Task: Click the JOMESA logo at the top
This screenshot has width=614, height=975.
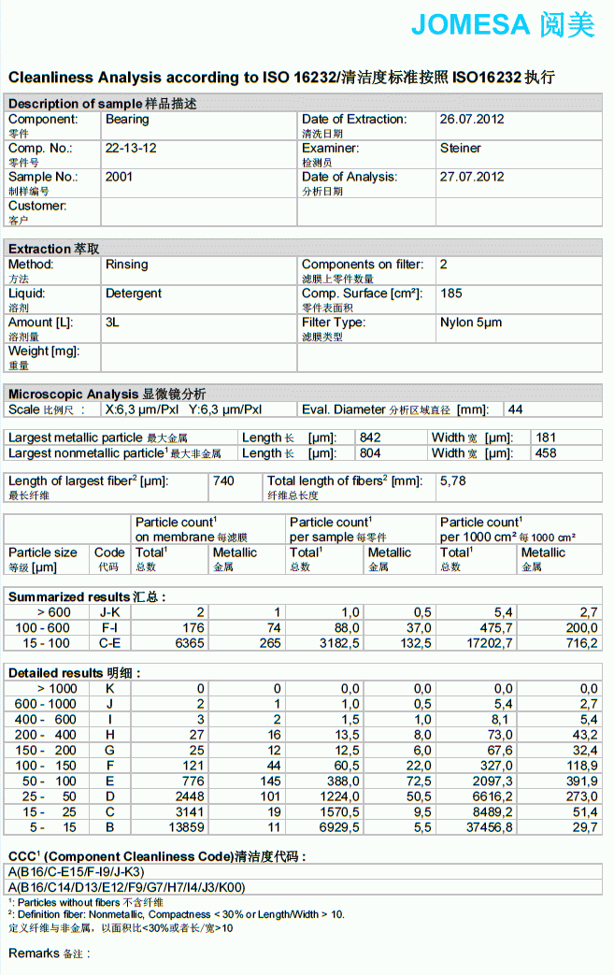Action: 503,25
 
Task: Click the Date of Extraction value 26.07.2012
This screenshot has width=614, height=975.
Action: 472,120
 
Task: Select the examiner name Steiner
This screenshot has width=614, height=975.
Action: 461,148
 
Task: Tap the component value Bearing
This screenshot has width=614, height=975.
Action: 127,120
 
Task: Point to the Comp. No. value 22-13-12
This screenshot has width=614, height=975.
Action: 131,148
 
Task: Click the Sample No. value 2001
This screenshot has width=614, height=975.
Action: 119,177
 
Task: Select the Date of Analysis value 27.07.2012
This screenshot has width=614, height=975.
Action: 472,177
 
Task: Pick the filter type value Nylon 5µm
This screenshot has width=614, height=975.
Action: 471,323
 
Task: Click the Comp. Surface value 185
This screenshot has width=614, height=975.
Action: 450,294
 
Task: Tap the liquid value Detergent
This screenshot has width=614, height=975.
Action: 134,294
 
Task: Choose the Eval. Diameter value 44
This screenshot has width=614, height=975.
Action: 516,409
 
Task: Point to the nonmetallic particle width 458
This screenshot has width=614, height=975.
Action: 546,453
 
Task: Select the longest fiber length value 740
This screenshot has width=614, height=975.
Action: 223,480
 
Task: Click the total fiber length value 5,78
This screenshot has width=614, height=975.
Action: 452,480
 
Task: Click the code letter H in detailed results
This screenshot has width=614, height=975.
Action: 109,735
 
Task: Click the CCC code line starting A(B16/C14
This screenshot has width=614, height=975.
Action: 126,887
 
